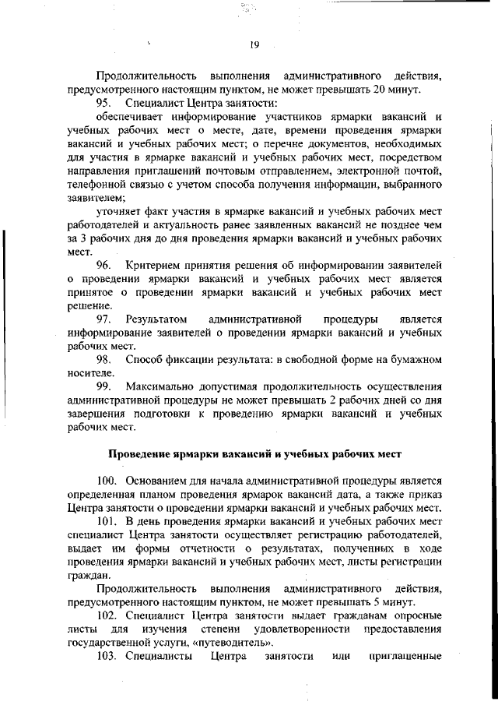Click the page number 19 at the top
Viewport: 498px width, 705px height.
click(254, 44)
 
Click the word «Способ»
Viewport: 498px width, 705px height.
click(143, 360)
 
